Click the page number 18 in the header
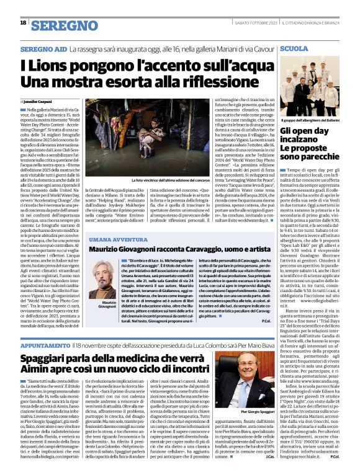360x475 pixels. (x=23, y=22)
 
